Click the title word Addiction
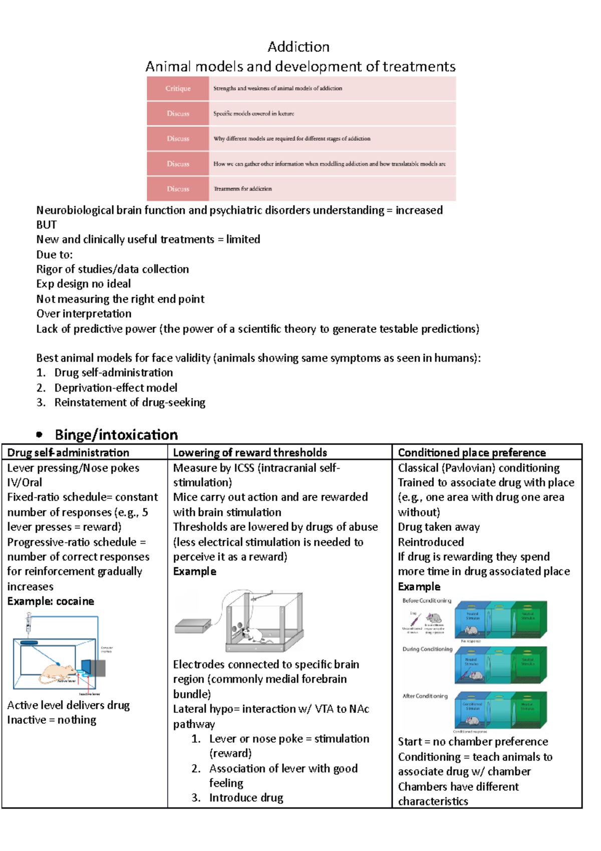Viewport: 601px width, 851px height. coord(298,47)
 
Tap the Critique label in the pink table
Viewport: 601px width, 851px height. coord(178,88)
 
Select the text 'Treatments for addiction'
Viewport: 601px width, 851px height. coord(242,189)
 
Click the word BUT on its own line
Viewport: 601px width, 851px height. coord(47,225)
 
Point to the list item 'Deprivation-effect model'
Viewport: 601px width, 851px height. coord(116,388)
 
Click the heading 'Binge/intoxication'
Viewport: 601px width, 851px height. coord(116,435)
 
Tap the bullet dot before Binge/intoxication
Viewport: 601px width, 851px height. coord(39,435)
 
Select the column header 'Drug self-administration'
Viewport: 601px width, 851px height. coord(68,453)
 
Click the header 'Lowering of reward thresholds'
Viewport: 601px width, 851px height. coord(250,453)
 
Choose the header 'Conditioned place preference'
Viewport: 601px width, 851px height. coord(472,453)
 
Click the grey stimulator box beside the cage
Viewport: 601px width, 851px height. coord(193,625)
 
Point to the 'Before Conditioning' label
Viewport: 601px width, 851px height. coord(427,600)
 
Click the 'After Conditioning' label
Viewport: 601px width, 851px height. coord(425,696)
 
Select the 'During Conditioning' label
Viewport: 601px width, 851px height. coord(427,649)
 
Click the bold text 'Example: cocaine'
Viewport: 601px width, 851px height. coord(51,601)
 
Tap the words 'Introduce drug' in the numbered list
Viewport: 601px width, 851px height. coord(246,798)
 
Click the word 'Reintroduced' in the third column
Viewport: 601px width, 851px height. coord(431,542)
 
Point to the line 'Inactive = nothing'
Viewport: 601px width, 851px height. coord(52,720)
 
